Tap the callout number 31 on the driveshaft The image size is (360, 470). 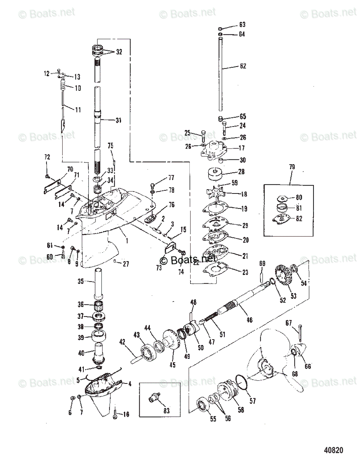pos(118,120)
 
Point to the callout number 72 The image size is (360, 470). pos(47,157)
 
